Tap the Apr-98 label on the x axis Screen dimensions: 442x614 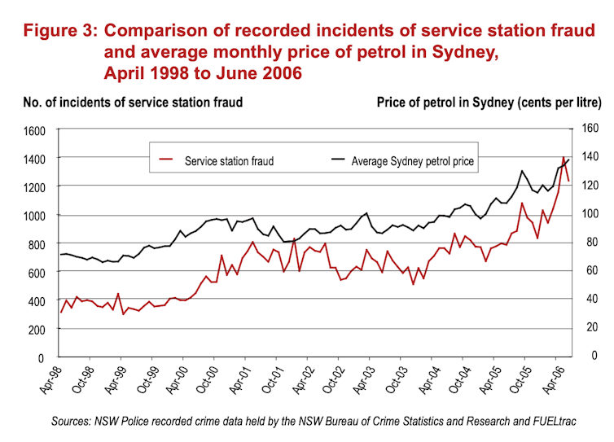pyautogui.click(x=50, y=380)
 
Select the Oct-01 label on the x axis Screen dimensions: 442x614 pyautogui.click(x=267, y=380)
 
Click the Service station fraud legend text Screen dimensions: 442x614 pyautogui.click(x=229, y=161)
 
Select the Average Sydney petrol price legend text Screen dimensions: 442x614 pyautogui.click(x=412, y=161)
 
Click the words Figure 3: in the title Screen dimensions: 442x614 pyautogui.click(x=59, y=32)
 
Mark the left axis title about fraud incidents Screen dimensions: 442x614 pyautogui.click(x=132, y=103)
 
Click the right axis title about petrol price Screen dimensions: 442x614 pyautogui.click(x=489, y=103)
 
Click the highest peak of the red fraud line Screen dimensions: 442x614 pyautogui.click(x=564, y=157)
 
